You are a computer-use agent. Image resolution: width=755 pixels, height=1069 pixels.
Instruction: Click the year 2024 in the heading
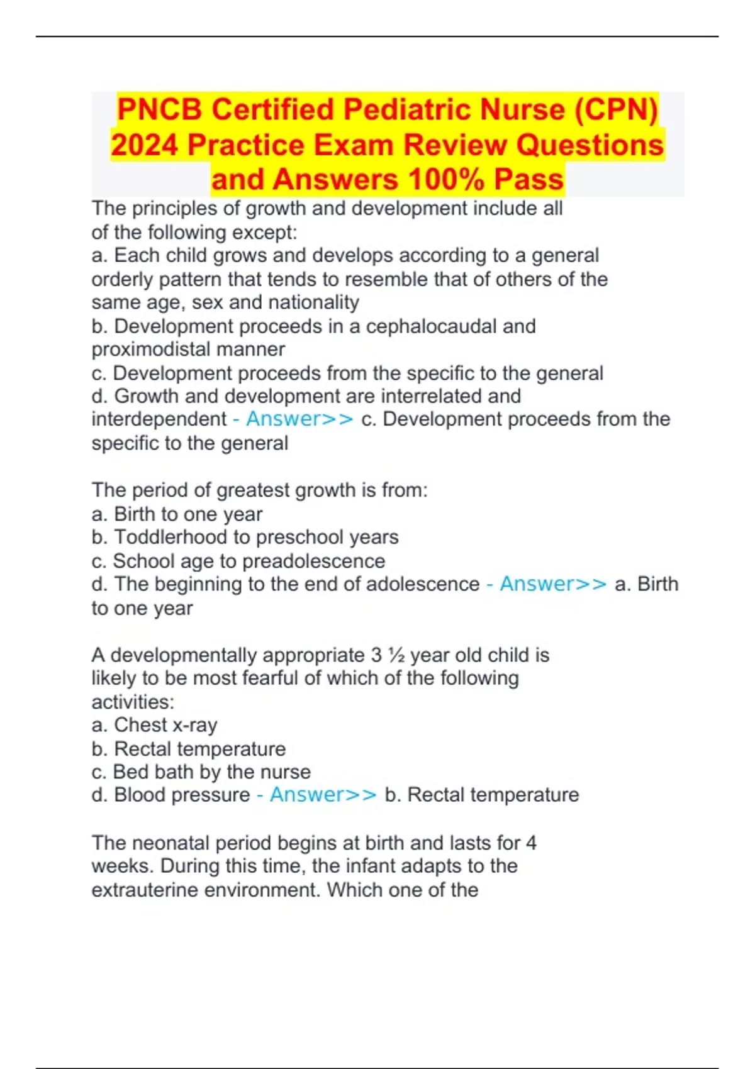[x=145, y=145]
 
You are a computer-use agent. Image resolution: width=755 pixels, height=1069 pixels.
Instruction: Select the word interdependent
[x=159, y=419]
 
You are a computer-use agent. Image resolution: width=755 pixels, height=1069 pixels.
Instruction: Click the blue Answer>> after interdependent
[x=299, y=419]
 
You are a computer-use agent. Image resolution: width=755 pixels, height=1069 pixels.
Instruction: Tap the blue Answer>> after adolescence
[x=553, y=584]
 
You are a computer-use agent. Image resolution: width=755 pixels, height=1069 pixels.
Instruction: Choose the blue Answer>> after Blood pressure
[x=323, y=795]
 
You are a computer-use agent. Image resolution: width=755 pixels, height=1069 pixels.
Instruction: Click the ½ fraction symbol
[x=396, y=655]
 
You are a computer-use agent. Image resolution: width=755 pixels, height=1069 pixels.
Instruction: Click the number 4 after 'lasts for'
[x=530, y=843]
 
